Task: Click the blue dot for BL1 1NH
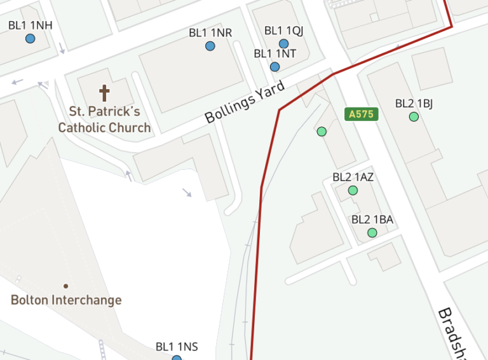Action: pos(30,39)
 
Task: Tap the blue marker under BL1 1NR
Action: pos(210,46)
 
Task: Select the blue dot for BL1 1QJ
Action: pos(284,44)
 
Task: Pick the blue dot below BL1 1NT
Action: pos(274,67)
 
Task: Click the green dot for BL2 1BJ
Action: pos(414,116)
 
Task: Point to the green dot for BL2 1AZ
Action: pos(353,190)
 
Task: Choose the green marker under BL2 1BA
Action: pos(372,233)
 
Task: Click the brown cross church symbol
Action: pos(104,93)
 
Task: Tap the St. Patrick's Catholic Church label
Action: pos(104,120)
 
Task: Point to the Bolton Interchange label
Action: pos(66,300)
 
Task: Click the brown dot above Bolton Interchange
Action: pos(66,286)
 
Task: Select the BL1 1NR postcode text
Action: pos(210,32)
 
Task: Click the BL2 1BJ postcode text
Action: pos(414,103)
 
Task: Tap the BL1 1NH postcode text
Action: pos(30,25)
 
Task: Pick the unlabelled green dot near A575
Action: pos(322,132)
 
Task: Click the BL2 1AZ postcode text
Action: pos(353,177)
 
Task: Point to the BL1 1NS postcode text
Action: pos(177,347)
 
